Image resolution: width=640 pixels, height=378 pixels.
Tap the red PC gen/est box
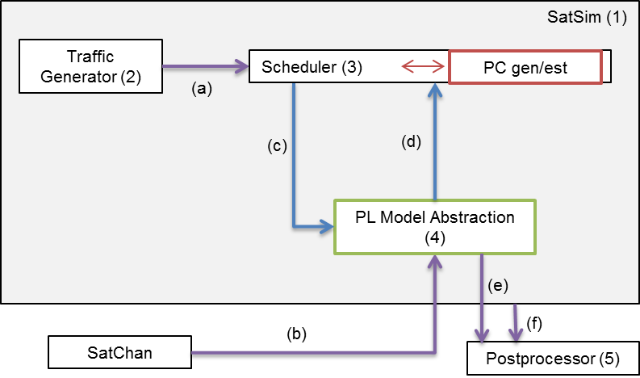(x=525, y=67)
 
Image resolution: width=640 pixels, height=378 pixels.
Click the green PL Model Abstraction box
(x=435, y=227)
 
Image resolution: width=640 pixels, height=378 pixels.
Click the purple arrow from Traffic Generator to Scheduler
(x=206, y=67)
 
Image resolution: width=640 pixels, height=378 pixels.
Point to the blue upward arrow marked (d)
(x=435, y=141)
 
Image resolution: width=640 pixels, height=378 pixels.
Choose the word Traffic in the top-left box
(x=90, y=57)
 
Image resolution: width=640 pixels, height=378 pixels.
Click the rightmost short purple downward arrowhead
(x=516, y=334)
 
